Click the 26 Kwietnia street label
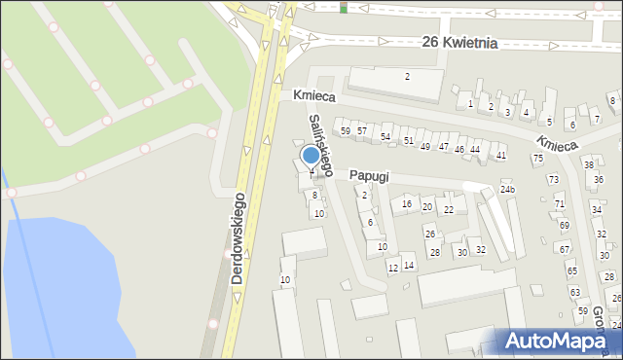pos(460,43)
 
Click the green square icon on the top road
pos(344,8)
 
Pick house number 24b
pos(507,188)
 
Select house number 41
pos(501,155)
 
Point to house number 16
pos(407,204)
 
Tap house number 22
pos(449,209)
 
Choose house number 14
pos(409,265)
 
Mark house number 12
pos(393,268)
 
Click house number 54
pos(385,136)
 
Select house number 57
pos(361,130)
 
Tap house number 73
pos(553,179)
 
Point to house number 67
pos(565,249)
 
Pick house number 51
pos(409,142)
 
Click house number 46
pos(459,149)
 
